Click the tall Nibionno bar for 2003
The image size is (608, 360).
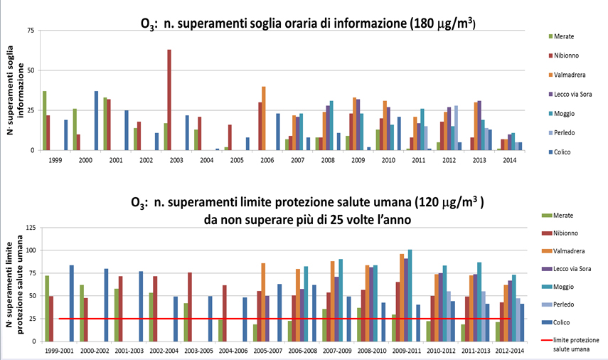169,100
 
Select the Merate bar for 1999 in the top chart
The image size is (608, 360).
44,121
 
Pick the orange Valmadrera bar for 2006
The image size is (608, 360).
263,118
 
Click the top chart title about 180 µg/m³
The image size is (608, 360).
308,24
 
